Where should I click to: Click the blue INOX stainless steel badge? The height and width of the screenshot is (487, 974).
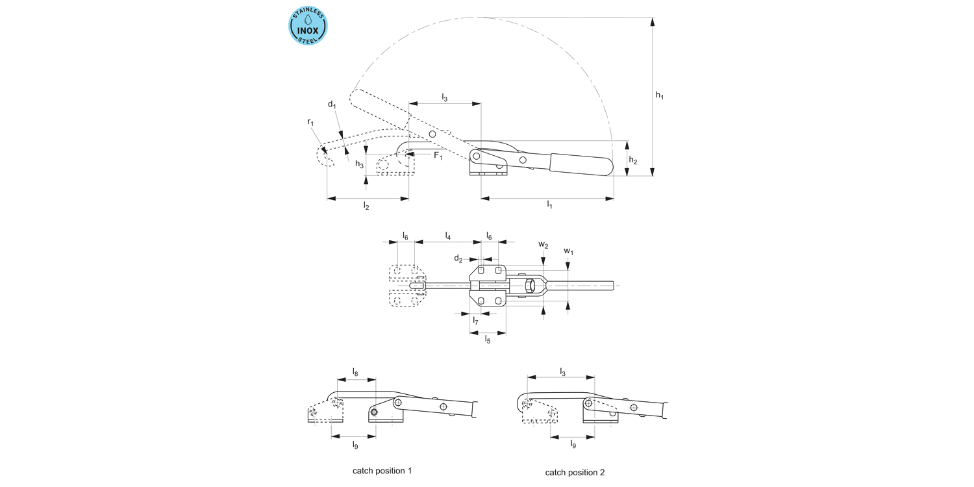(x=308, y=26)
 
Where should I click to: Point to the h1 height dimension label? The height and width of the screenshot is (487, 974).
(x=660, y=95)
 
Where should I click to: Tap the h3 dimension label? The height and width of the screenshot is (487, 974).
(x=359, y=164)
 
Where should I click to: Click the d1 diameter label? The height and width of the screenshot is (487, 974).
(x=331, y=105)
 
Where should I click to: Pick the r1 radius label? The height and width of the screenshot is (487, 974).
(x=310, y=122)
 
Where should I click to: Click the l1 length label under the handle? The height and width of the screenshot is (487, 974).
(x=549, y=205)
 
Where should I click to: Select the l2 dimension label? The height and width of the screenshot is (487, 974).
(x=366, y=206)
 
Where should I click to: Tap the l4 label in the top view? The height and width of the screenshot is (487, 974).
(x=448, y=236)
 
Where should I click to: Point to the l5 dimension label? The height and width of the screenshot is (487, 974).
(x=487, y=340)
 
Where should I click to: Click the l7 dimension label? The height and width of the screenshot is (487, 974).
(x=476, y=320)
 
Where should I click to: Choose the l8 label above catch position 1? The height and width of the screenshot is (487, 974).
(x=355, y=372)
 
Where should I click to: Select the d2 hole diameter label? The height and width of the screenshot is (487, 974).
(x=458, y=259)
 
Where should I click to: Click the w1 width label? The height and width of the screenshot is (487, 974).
(x=568, y=251)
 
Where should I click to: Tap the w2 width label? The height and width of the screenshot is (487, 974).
(x=543, y=245)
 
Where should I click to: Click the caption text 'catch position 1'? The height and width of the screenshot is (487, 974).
(x=382, y=470)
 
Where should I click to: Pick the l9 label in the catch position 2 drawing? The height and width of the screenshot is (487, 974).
(x=573, y=445)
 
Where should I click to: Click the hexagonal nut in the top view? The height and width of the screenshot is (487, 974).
(x=531, y=285)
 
